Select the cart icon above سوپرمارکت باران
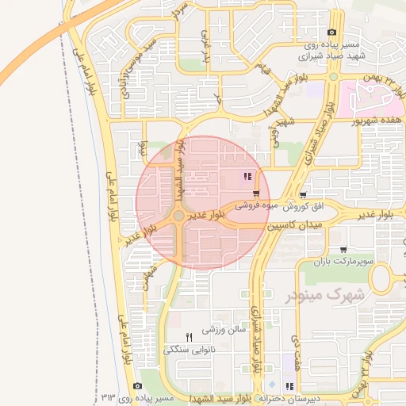pyautogui.click(x=343, y=250)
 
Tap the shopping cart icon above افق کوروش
pyautogui.click(x=304, y=194)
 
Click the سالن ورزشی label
pyautogui.click(x=220, y=329)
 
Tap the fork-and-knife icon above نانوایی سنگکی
pyautogui.click(x=189, y=337)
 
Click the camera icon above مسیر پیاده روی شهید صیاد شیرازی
pyautogui.click(x=331, y=33)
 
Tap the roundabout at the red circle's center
pyautogui.click(x=180, y=216)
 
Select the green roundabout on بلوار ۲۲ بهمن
pyautogui.click(x=334, y=77)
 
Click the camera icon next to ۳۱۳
pyautogui.click(x=138, y=386)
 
